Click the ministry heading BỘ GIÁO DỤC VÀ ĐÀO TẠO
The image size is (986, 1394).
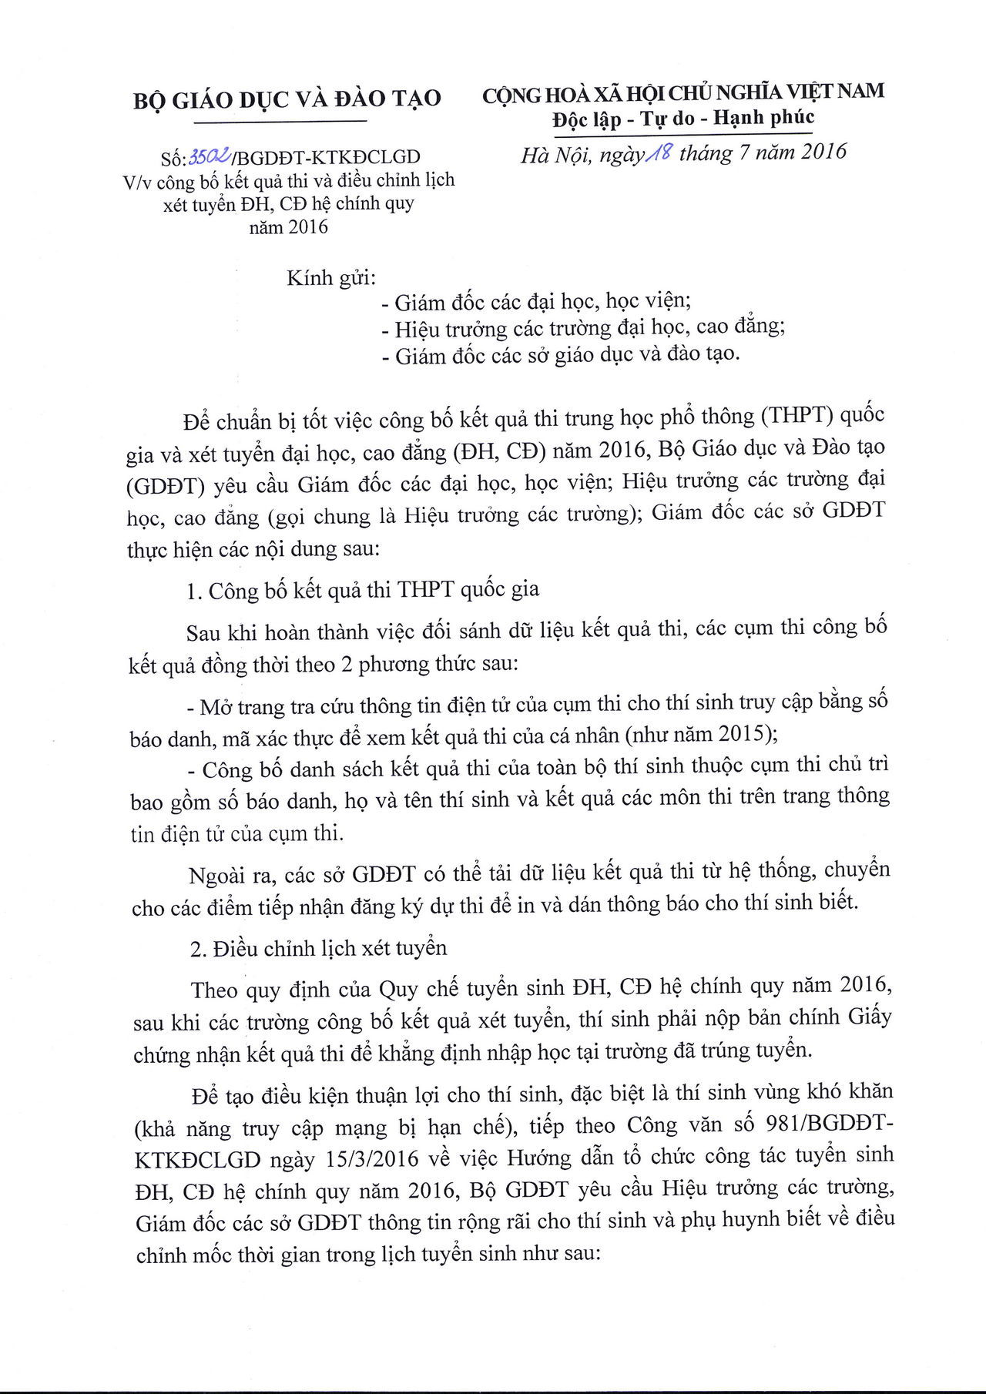(x=287, y=98)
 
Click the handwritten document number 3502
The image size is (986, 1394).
(x=208, y=157)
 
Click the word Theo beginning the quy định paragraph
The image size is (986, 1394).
(x=215, y=989)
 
